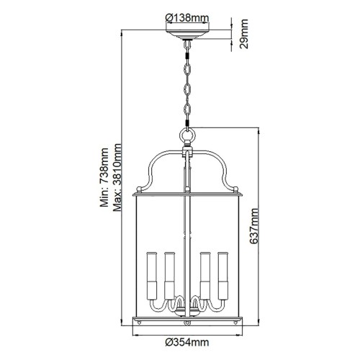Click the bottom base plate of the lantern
(189, 320)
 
